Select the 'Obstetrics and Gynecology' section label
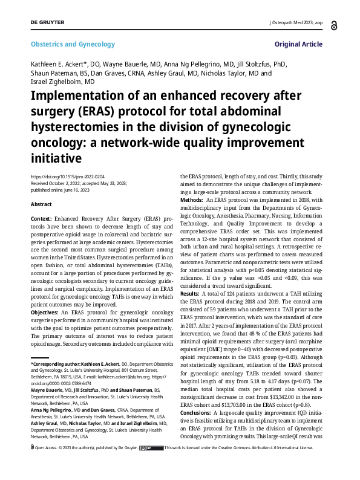click(73, 44)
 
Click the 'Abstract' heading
click(41, 204)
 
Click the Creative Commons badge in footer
click(150, 465)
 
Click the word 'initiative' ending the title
click(56, 158)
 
